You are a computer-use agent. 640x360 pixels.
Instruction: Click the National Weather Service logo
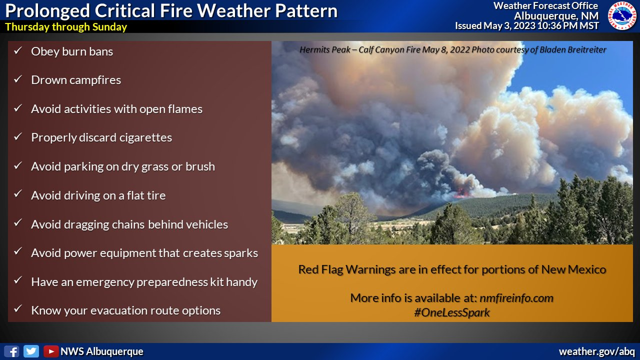(x=622, y=15)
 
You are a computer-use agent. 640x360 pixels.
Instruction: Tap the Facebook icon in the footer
(x=11, y=351)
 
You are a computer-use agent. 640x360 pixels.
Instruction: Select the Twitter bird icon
(x=31, y=351)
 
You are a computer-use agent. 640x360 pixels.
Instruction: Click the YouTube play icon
(x=51, y=351)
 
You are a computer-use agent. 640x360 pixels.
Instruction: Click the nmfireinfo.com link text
(x=516, y=298)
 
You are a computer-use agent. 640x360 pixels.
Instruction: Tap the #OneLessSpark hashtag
(x=451, y=312)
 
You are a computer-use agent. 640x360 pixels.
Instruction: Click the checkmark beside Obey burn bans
(x=18, y=50)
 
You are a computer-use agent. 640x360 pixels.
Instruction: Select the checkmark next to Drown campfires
(x=18, y=79)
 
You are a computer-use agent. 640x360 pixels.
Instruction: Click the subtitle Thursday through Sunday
(x=66, y=27)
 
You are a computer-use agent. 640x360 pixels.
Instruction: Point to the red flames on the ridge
(x=461, y=193)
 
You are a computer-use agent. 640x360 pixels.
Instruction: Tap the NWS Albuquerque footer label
(x=101, y=351)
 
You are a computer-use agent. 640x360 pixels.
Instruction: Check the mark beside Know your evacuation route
(x=18, y=308)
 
